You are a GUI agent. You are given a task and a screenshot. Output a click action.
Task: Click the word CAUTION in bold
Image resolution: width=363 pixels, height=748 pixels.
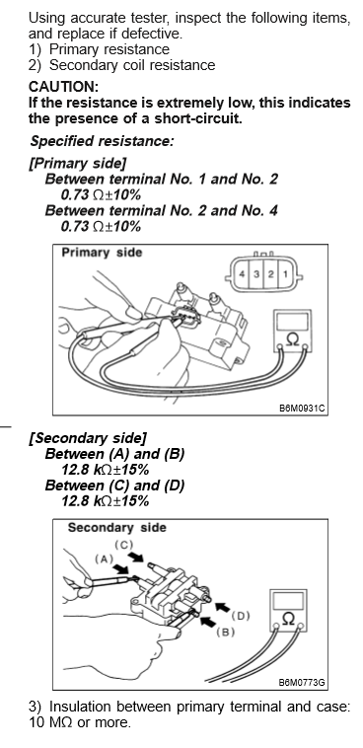click(x=63, y=87)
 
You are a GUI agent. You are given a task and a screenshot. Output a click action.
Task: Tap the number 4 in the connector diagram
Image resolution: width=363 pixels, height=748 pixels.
click(x=243, y=273)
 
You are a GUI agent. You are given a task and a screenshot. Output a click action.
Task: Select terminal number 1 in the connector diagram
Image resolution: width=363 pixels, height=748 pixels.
click(x=285, y=273)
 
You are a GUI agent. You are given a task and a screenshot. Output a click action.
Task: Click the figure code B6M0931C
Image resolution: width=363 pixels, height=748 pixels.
click(x=303, y=409)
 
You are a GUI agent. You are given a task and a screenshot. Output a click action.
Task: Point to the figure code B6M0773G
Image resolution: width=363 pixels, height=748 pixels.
click(x=303, y=683)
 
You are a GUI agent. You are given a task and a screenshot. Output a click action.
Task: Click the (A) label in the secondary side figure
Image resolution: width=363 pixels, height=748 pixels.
click(x=104, y=559)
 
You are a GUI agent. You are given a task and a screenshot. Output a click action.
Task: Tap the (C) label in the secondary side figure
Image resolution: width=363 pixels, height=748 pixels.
click(x=123, y=545)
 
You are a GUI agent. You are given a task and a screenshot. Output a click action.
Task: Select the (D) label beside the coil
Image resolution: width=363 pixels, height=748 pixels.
click(x=241, y=616)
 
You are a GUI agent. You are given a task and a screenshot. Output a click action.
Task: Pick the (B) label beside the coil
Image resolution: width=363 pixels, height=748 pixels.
click(x=225, y=633)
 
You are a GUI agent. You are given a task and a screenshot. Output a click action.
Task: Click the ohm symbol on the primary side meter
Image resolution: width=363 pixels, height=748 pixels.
click(x=292, y=340)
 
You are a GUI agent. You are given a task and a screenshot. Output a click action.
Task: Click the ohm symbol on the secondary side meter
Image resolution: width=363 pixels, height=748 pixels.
click(x=288, y=619)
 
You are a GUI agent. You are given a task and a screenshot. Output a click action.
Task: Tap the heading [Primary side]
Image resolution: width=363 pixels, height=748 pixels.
click(x=78, y=164)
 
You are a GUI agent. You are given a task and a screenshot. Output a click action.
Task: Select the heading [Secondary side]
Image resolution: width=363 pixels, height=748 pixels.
click(x=88, y=438)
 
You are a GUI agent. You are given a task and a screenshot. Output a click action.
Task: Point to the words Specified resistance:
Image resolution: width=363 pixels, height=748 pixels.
click(x=102, y=141)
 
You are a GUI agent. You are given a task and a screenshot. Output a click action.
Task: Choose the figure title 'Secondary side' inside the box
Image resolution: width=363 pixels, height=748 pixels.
click(x=116, y=528)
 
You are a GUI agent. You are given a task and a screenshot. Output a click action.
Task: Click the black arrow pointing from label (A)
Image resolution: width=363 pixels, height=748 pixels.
click(x=120, y=569)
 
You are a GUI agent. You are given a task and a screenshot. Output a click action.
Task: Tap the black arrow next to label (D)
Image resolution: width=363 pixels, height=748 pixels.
click(x=221, y=608)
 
